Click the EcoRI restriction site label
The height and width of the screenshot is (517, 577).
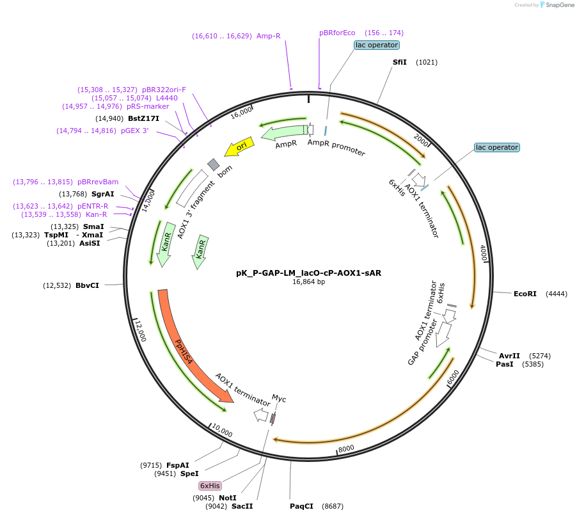525,294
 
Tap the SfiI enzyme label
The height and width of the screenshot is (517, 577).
399,62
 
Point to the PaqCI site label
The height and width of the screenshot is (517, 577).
302,506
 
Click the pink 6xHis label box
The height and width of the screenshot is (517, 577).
210,486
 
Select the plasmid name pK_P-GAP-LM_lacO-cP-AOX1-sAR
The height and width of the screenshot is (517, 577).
308,272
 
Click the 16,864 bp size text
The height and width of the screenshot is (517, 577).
308,282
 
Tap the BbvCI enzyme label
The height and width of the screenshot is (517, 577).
87,285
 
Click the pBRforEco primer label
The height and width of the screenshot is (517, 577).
337,33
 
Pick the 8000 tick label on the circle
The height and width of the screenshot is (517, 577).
346,449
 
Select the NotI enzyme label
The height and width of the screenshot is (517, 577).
227,497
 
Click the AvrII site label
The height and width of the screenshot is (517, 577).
509,356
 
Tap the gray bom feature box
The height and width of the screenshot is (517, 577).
213,164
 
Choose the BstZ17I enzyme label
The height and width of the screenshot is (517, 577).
143,118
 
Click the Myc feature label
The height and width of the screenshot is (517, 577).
279,399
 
